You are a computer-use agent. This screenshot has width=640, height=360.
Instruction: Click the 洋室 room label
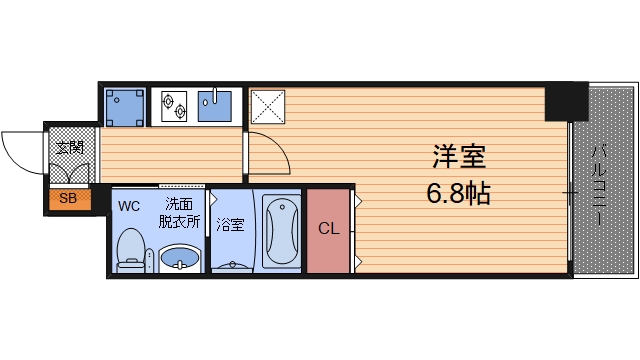coord(459,157)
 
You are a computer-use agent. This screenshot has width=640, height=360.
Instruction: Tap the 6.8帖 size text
coord(459,192)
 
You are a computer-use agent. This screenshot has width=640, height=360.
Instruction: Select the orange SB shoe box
coord(68,199)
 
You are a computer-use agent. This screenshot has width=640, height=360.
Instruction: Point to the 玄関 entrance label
coord(69,149)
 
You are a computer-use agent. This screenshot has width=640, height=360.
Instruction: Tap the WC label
coord(129,207)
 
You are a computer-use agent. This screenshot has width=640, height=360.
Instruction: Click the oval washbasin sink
coord(180,261)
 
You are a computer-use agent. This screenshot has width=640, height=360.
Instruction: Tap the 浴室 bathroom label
coord(230,225)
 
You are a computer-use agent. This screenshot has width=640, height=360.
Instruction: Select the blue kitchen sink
coord(214,104)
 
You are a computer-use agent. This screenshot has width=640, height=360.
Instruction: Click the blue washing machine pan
coord(125,105)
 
